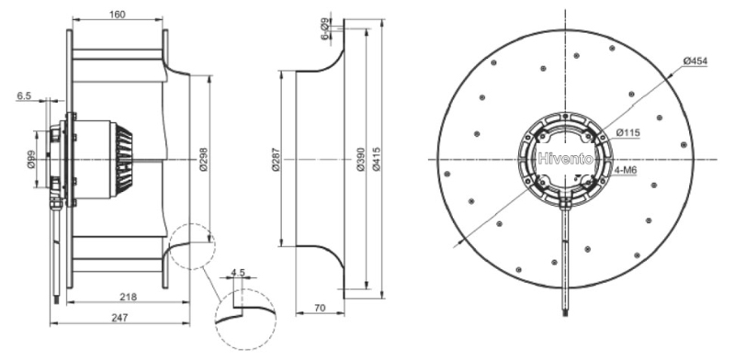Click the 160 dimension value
point(118,15)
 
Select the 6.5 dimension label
point(24,96)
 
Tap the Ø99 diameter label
point(30,160)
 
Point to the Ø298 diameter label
point(203,160)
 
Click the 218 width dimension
point(128,297)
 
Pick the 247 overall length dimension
point(119,318)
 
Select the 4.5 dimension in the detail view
point(238,273)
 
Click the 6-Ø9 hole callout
point(324,29)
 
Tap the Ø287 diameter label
point(276,160)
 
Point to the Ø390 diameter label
point(360,160)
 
